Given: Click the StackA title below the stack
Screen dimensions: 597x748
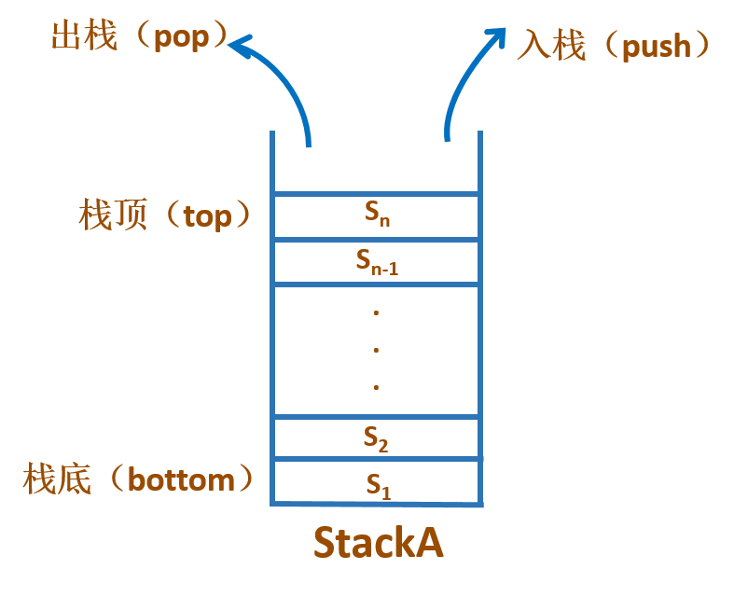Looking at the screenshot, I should point(378,544).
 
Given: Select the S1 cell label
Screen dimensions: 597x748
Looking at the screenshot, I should point(377,484).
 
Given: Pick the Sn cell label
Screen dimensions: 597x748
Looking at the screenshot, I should point(377,215).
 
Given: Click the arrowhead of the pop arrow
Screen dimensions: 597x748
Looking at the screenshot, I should point(242,45).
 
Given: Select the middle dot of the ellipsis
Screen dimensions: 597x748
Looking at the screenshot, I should point(376,350).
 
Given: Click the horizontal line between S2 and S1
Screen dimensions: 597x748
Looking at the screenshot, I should point(377,459).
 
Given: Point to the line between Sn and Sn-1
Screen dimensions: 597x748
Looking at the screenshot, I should point(377,240).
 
